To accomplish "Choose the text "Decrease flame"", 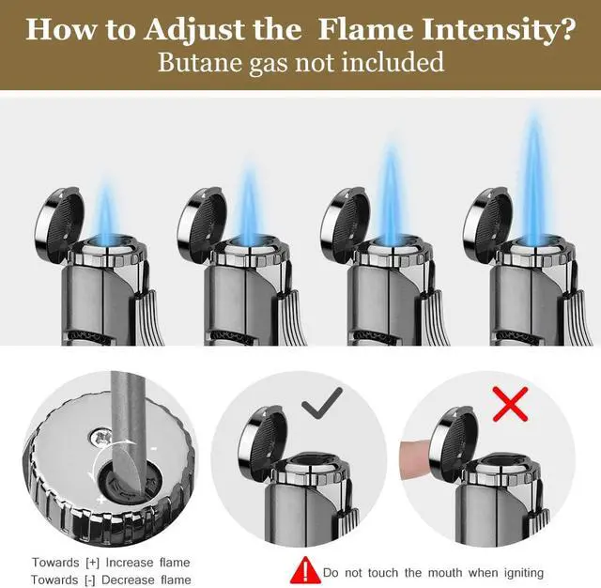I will tap(148, 579).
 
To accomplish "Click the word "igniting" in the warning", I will tap(517, 572).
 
